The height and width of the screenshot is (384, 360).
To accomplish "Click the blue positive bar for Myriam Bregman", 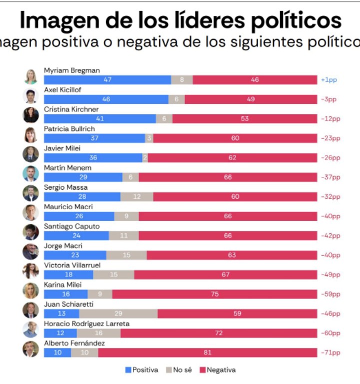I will pos(107,80).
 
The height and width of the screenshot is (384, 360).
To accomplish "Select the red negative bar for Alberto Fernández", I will pos(207,353).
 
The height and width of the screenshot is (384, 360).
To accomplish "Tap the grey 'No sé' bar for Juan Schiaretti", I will pos(118,314).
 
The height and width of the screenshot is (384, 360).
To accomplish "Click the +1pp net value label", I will pos(329,80).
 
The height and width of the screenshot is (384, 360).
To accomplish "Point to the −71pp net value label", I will pos(330,353).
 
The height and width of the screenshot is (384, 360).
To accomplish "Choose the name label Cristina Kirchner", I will pos(71,109).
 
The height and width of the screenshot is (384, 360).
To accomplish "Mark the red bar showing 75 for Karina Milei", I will pos(214,294).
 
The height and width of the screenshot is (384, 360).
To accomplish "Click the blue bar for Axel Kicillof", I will pos(106,99).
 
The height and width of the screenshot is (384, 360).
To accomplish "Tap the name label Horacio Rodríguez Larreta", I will pos(86,324).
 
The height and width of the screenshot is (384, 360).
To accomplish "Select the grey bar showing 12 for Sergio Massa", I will pos(136,197).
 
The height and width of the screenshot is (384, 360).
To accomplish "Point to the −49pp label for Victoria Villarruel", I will pos(330,275).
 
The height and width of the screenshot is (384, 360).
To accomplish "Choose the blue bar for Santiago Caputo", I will pos(76,236).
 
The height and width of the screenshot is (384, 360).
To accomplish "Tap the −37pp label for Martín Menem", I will pos(330,177).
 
